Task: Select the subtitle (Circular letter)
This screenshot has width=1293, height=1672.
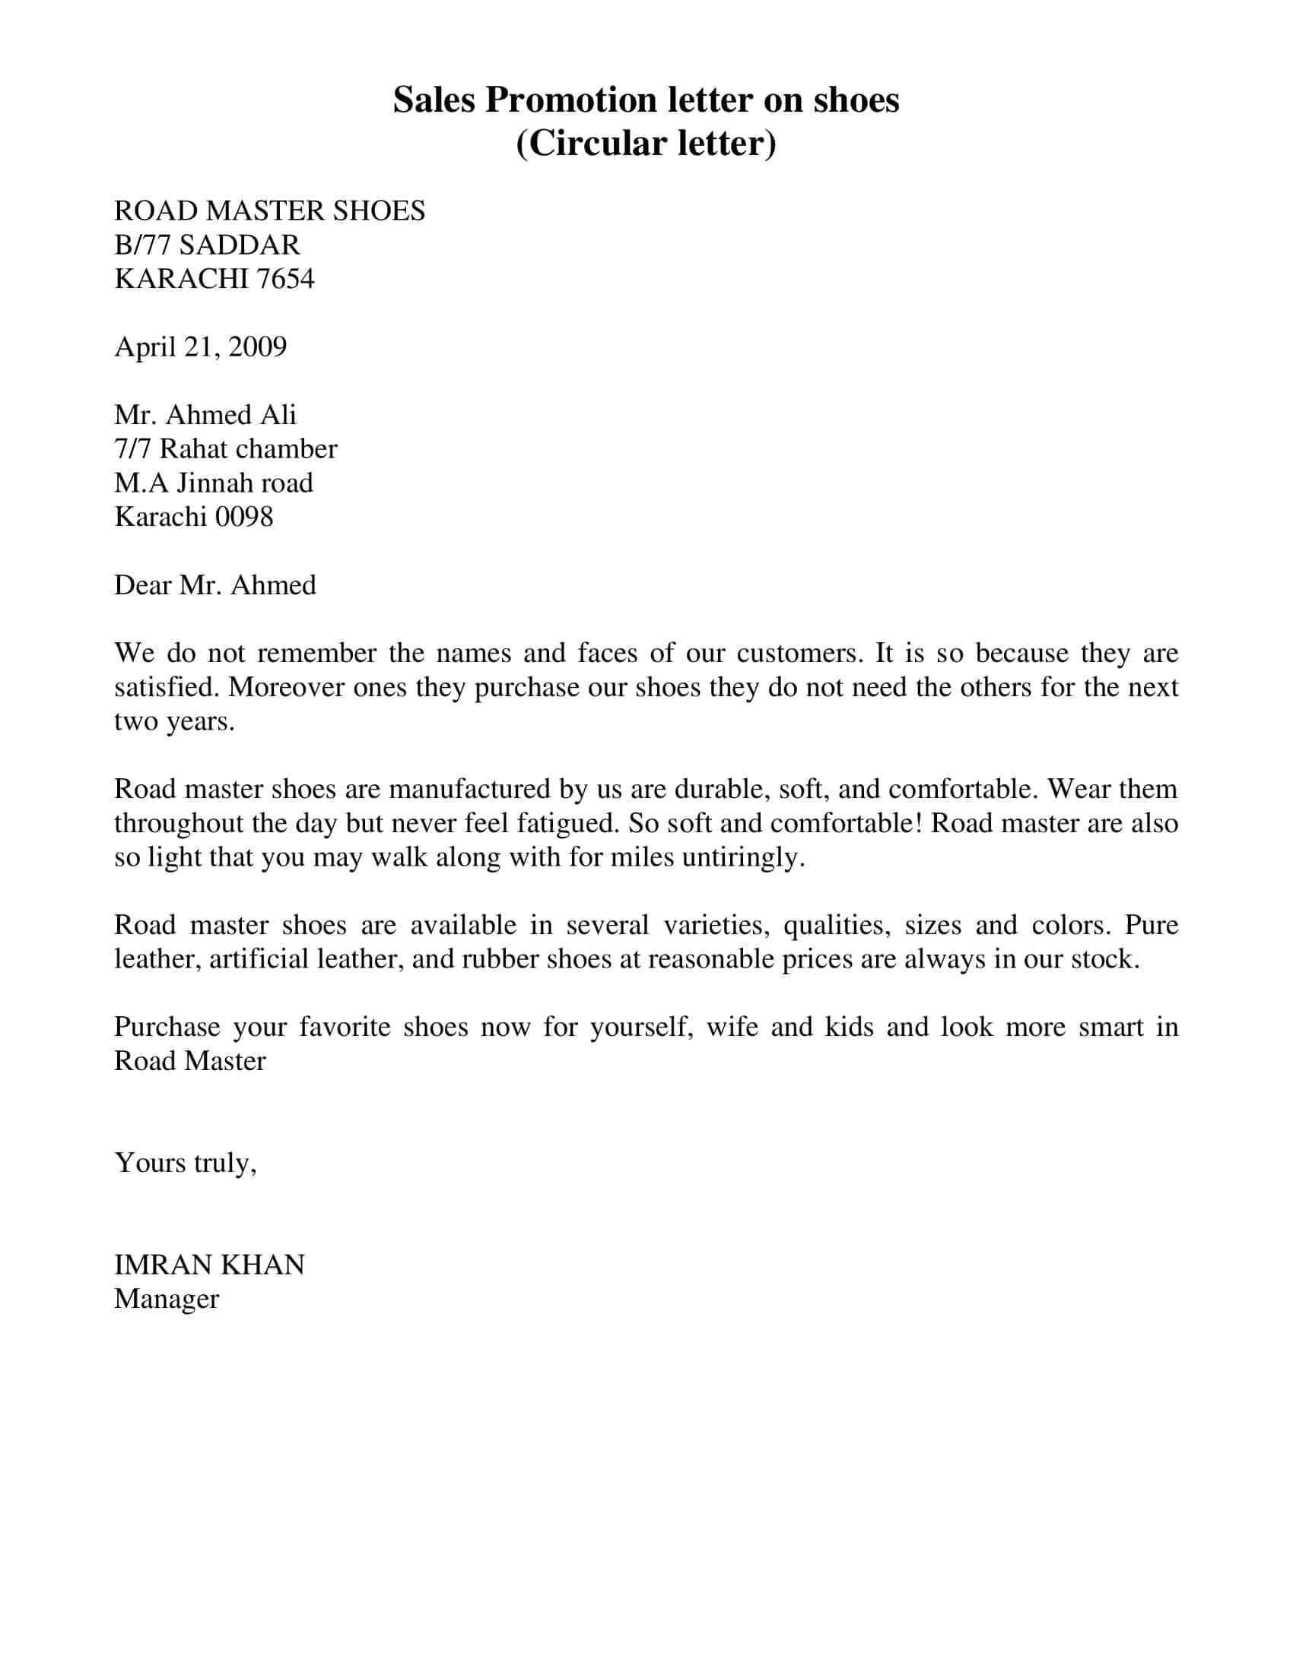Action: pyautogui.click(x=646, y=144)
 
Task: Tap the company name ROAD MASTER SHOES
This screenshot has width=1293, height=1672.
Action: pyautogui.click(x=270, y=211)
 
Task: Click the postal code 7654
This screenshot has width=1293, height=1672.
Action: pyautogui.click(x=285, y=279)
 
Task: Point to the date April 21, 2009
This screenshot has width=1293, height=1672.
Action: pyautogui.click(x=201, y=347)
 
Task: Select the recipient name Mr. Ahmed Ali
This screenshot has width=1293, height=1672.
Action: pyautogui.click(x=205, y=415)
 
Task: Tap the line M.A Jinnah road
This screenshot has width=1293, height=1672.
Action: pyautogui.click(x=214, y=483)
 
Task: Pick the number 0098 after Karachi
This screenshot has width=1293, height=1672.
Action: pyautogui.click(x=244, y=518)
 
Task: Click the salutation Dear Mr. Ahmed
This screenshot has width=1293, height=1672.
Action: pyautogui.click(x=215, y=586)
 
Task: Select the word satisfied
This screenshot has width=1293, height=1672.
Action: pyautogui.click(x=167, y=688)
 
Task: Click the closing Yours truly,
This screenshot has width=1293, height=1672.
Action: pyautogui.click(x=186, y=1163)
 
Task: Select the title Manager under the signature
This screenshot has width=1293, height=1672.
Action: pyautogui.click(x=167, y=1299)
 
